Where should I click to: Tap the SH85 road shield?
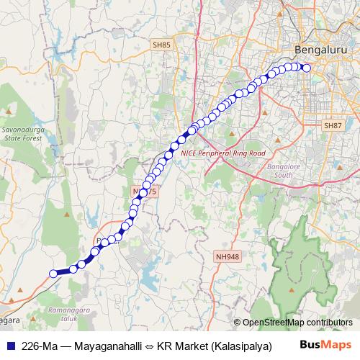click(161, 45)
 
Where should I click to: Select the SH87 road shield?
click(333, 125)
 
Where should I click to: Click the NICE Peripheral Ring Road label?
click(223, 153)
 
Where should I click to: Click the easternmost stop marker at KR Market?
click(306, 68)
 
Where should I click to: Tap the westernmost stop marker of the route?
click(53, 273)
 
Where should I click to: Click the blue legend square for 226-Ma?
click(12, 345)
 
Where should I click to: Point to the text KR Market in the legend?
click(181, 345)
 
